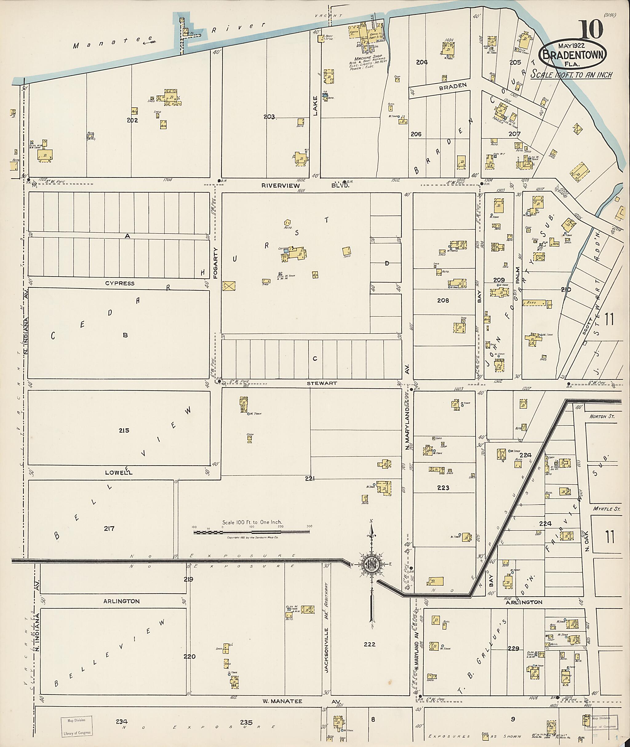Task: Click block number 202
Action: (132, 120)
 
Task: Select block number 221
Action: (310, 479)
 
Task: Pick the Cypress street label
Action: (120, 283)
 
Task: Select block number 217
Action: (109, 528)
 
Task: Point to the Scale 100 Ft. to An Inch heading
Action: (571, 75)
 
